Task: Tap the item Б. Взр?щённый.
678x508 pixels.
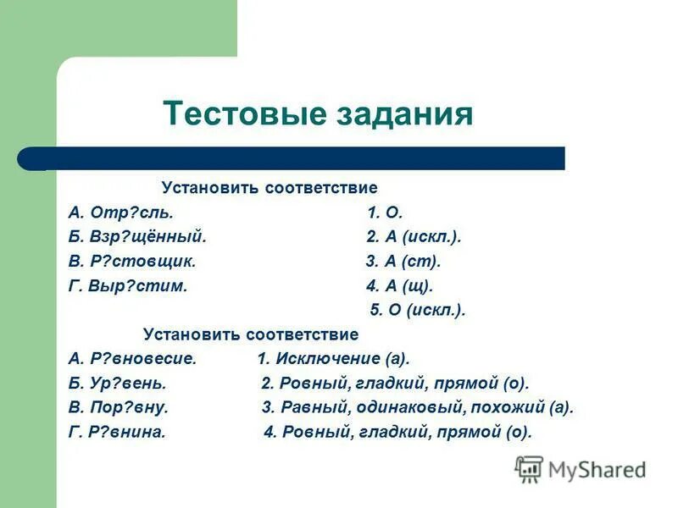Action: (137, 237)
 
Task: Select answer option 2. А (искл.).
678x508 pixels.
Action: (414, 237)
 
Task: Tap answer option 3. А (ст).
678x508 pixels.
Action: (403, 262)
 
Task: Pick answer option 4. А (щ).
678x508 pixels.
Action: (400, 286)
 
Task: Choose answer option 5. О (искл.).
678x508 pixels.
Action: (418, 310)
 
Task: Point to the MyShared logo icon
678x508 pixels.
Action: (529, 469)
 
